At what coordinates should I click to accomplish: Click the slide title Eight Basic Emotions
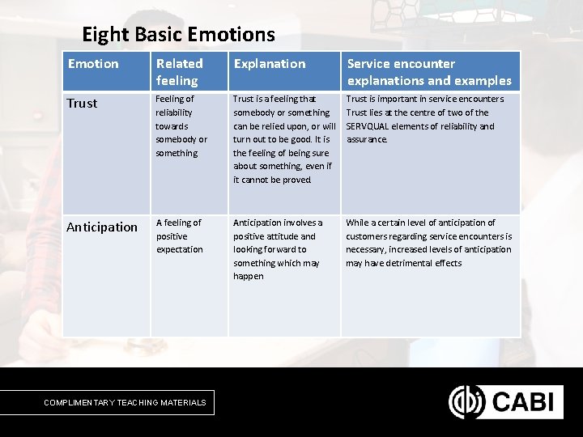pos(178,35)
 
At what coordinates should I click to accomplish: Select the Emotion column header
pos(93,64)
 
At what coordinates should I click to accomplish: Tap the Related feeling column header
pos(179,71)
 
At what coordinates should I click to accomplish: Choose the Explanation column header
pos(270,64)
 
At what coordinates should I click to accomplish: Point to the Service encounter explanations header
pos(429,71)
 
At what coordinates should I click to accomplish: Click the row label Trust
pos(82,104)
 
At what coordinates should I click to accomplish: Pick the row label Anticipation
pos(102,227)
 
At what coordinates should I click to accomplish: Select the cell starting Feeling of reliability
pos(181,125)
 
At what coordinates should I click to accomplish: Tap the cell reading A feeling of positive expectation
pos(180,235)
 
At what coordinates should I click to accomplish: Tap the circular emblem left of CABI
pos(466,401)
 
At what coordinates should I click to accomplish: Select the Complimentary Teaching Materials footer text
pos(125,402)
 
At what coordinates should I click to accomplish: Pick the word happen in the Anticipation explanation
pos(249,276)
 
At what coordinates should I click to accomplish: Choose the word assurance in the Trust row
pos(367,139)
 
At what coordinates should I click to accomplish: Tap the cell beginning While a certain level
pos(428,243)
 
